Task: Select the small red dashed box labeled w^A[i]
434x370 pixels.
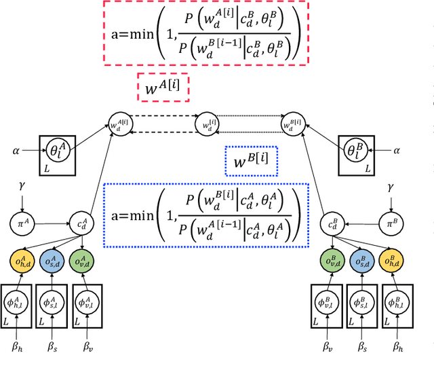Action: click(x=163, y=88)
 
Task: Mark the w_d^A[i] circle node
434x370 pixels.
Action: click(x=117, y=125)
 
